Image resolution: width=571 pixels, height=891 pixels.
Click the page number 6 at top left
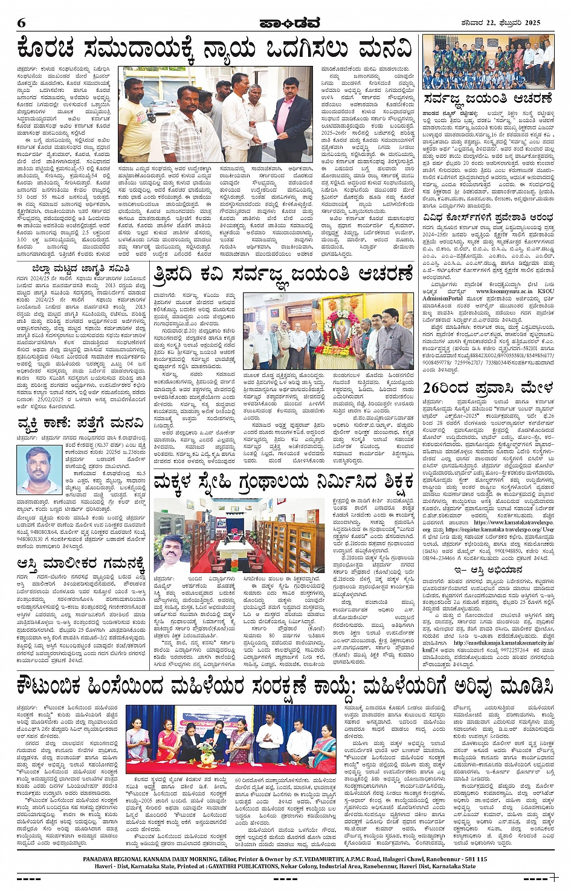(21, 22)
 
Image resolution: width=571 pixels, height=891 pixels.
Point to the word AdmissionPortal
(442, 298)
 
